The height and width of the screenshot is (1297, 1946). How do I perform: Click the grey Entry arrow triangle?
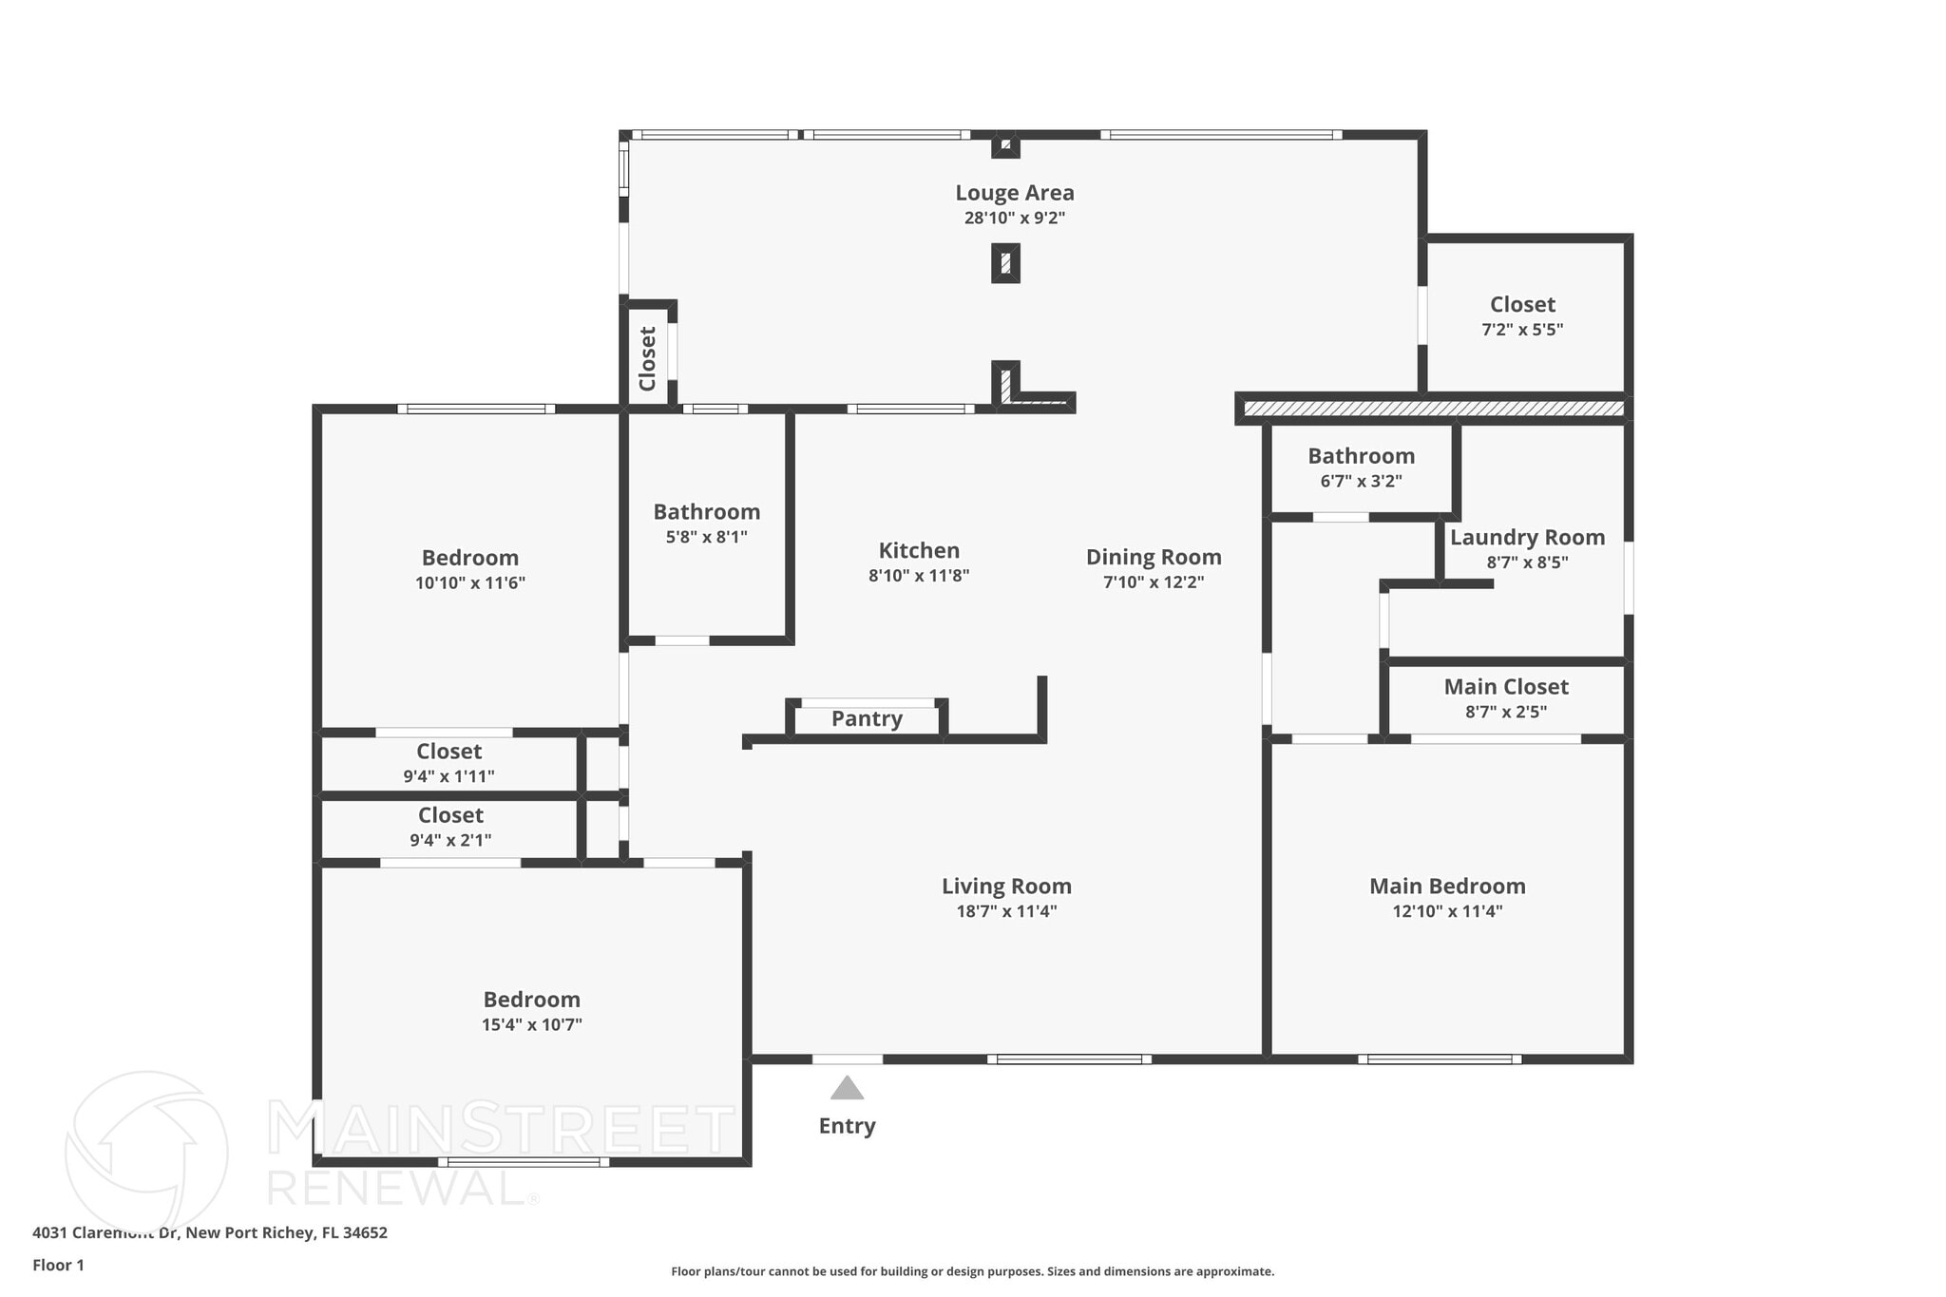point(847,1089)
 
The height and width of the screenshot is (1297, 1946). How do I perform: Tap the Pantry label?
point(867,718)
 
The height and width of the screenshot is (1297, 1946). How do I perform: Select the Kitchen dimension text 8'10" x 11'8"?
point(919,576)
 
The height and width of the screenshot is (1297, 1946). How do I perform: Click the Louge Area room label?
point(1015,193)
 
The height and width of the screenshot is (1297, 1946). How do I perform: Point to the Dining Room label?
point(1154,557)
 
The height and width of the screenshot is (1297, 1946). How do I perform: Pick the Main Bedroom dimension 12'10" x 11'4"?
point(1447,911)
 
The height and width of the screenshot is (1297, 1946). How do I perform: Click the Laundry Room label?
point(1527,537)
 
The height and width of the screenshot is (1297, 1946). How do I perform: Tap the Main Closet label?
point(1506,686)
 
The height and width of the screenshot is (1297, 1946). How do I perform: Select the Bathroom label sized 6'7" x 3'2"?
point(1361,456)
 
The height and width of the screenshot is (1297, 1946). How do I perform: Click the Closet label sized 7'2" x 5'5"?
point(1522,304)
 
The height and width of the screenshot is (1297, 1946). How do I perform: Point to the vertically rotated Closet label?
point(648,358)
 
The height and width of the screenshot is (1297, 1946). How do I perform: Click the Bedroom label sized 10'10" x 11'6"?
point(470,558)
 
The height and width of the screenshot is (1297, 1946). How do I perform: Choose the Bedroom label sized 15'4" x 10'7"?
point(531,1000)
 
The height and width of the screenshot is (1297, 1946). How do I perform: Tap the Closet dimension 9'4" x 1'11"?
point(448,776)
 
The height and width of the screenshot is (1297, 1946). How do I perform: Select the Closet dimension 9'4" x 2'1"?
point(450,840)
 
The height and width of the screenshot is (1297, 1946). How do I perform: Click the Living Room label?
point(1006,887)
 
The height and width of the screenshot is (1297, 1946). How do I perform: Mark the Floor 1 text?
point(58,1265)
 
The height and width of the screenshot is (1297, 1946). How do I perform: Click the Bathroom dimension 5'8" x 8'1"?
point(706,537)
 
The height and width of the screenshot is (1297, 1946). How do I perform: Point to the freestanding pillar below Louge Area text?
point(1005,263)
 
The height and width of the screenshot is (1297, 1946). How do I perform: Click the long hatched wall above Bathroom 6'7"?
point(1433,409)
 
